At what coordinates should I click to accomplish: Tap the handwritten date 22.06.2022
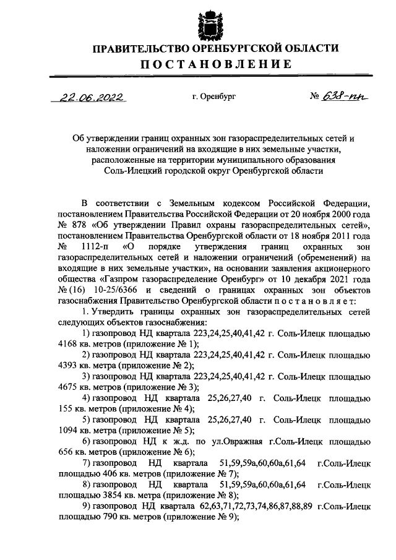click(88, 97)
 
